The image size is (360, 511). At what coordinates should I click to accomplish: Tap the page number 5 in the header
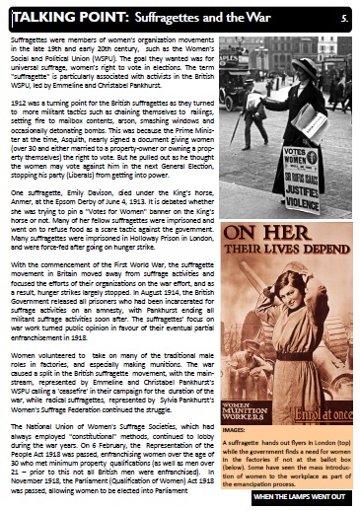(344, 17)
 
